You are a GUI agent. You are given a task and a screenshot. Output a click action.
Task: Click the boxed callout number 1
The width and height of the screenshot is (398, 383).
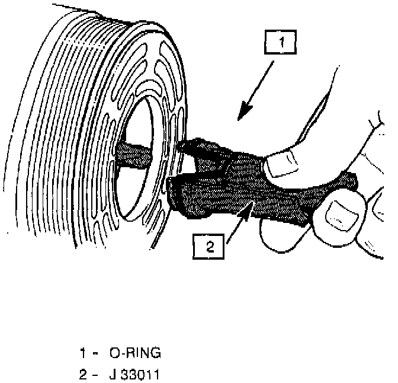coord(281,43)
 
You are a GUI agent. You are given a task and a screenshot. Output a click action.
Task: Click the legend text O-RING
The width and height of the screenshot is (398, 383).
coord(136,353)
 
